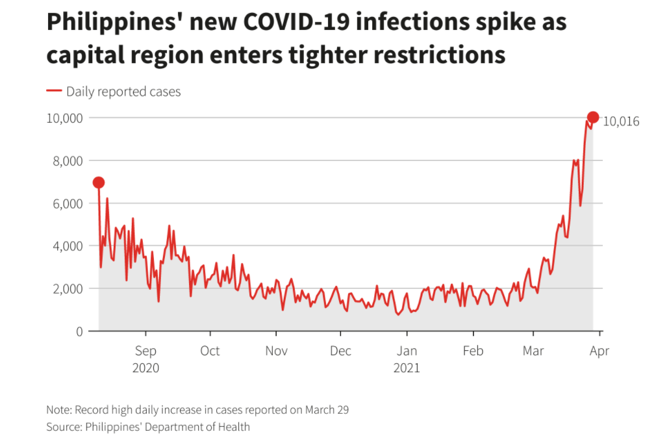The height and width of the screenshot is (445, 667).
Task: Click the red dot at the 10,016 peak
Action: click(593, 117)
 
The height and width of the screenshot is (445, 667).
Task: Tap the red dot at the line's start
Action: click(99, 183)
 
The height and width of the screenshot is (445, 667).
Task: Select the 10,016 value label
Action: click(621, 121)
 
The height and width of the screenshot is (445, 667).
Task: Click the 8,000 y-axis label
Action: click(66, 160)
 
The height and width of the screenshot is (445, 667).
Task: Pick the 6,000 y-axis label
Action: click(66, 203)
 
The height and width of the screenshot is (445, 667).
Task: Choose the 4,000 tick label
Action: click(66, 246)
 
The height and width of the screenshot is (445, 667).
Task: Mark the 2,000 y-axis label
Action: click(66, 288)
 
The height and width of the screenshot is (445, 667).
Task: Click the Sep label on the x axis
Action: click(145, 351)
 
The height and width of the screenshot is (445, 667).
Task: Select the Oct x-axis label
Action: click(210, 351)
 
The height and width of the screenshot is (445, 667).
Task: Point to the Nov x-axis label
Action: click(276, 351)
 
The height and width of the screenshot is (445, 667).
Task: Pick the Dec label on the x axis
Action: click(340, 351)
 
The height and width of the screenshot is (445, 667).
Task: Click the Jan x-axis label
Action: click(407, 351)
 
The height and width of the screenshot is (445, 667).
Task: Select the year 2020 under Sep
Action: click(145, 368)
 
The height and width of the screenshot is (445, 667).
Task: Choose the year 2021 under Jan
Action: click(407, 368)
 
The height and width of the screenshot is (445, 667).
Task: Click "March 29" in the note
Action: click(329, 410)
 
